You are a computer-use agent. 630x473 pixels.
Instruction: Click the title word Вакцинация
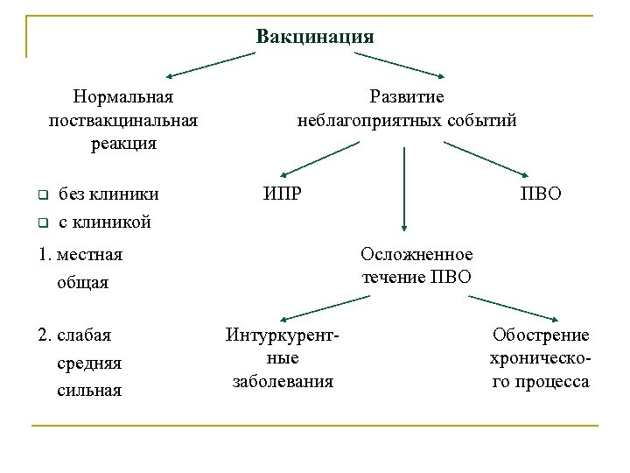tap(315, 37)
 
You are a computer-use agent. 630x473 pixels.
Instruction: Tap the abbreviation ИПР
tap(283, 192)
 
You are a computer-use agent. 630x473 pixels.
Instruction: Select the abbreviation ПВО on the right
tap(542, 192)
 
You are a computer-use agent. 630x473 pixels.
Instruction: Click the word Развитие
tap(407, 95)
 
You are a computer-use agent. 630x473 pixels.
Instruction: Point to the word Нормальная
tap(123, 95)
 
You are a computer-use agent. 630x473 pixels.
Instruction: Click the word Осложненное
tap(416, 254)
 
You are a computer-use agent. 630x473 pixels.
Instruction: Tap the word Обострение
tap(541, 335)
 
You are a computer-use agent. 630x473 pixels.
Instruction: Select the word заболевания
tap(283, 381)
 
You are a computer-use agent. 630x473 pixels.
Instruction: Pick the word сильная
tap(89, 390)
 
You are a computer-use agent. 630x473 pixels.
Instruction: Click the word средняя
tap(89, 363)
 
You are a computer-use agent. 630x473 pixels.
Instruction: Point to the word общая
tap(82, 282)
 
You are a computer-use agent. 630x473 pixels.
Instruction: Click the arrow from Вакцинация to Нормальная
tap(210, 65)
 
